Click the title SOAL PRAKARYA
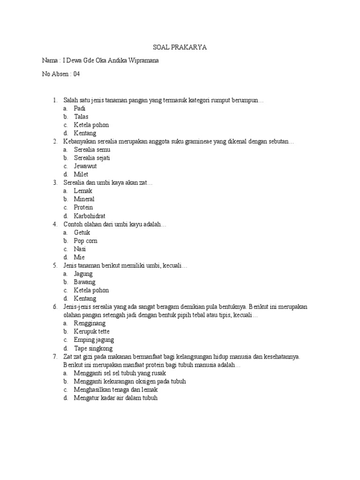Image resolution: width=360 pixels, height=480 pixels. (x=180, y=47)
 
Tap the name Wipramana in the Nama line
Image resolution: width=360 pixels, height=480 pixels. (x=147, y=61)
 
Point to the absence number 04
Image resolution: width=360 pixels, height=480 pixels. (x=77, y=74)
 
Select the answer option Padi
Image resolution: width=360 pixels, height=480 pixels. (x=80, y=108)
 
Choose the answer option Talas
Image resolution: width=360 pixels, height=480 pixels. (x=81, y=117)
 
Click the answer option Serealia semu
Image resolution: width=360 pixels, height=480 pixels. (x=92, y=150)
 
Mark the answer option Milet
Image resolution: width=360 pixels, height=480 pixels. (x=81, y=174)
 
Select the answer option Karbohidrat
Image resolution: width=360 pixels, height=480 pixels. (x=90, y=216)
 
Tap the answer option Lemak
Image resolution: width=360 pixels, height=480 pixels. (x=83, y=191)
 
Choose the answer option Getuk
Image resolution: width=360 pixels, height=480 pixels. (x=82, y=232)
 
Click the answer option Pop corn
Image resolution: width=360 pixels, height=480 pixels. (x=85, y=241)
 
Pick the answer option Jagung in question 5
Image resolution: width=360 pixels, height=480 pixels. (x=83, y=274)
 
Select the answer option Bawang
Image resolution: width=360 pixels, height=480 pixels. (x=84, y=282)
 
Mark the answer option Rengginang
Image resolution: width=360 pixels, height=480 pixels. (x=90, y=323)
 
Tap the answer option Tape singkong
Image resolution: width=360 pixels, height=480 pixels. (x=93, y=348)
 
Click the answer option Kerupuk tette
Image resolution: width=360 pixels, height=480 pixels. (x=91, y=332)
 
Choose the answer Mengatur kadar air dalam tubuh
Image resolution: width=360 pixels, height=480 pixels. (x=116, y=398)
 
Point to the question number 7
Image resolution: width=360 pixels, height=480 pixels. (x=55, y=357)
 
